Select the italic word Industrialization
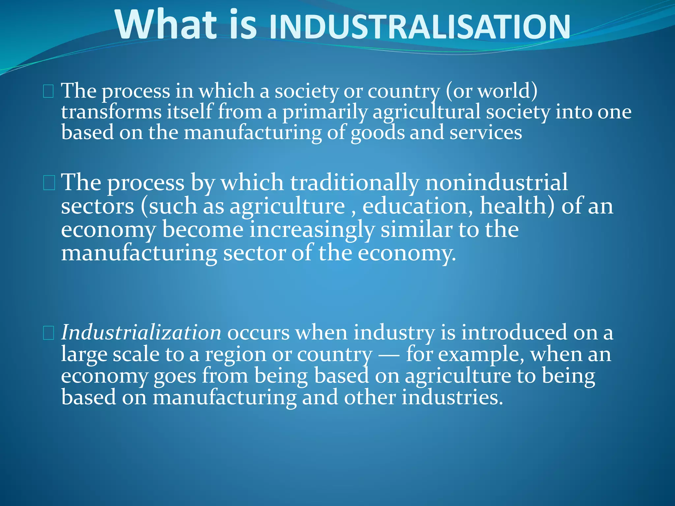click(141, 332)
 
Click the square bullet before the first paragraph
click(48, 91)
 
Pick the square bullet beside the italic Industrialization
click(48, 333)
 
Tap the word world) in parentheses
click(508, 91)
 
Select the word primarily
click(324, 112)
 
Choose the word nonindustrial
click(496, 182)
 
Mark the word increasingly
click(312, 230)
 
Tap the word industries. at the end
click(452, 397)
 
